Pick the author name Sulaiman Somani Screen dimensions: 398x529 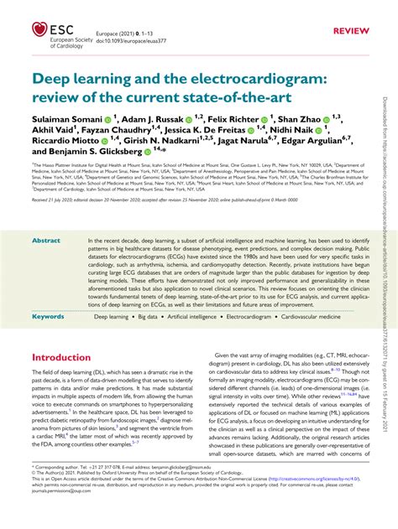(66, 121)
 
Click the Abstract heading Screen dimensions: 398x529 (46, 241)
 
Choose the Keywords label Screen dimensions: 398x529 (48, 318)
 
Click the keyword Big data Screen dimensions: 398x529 (152, 318)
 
